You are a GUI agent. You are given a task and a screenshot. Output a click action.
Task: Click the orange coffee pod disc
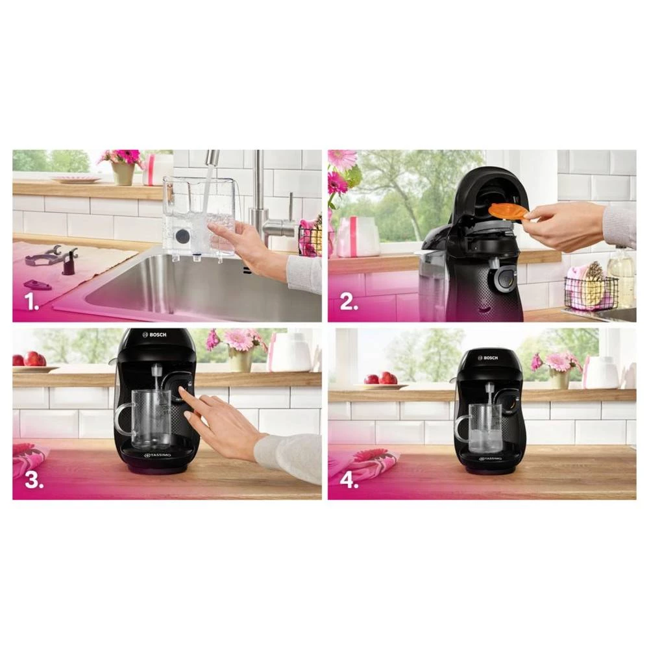pyautogui.click(x=508, y=212)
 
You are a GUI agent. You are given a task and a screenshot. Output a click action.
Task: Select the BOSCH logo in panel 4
pyautogui.click(x=487, y=357)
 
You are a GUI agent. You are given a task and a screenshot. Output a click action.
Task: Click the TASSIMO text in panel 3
pyautogui.click(x=156, y=455)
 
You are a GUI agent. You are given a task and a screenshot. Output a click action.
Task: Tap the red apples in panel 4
pyautogui.click(x=380, y=378)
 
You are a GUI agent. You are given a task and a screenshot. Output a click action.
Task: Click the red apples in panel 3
pyautogui.click(x=34, y=359)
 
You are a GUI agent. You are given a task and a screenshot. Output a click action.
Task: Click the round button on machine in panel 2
pyautogui.click(x=502, y=280)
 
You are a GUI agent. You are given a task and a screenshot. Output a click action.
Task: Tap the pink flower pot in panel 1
pyautogui.click(x=123, y=172)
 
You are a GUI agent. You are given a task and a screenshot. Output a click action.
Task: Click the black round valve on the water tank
pyautogui.click(x=183, y=236)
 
